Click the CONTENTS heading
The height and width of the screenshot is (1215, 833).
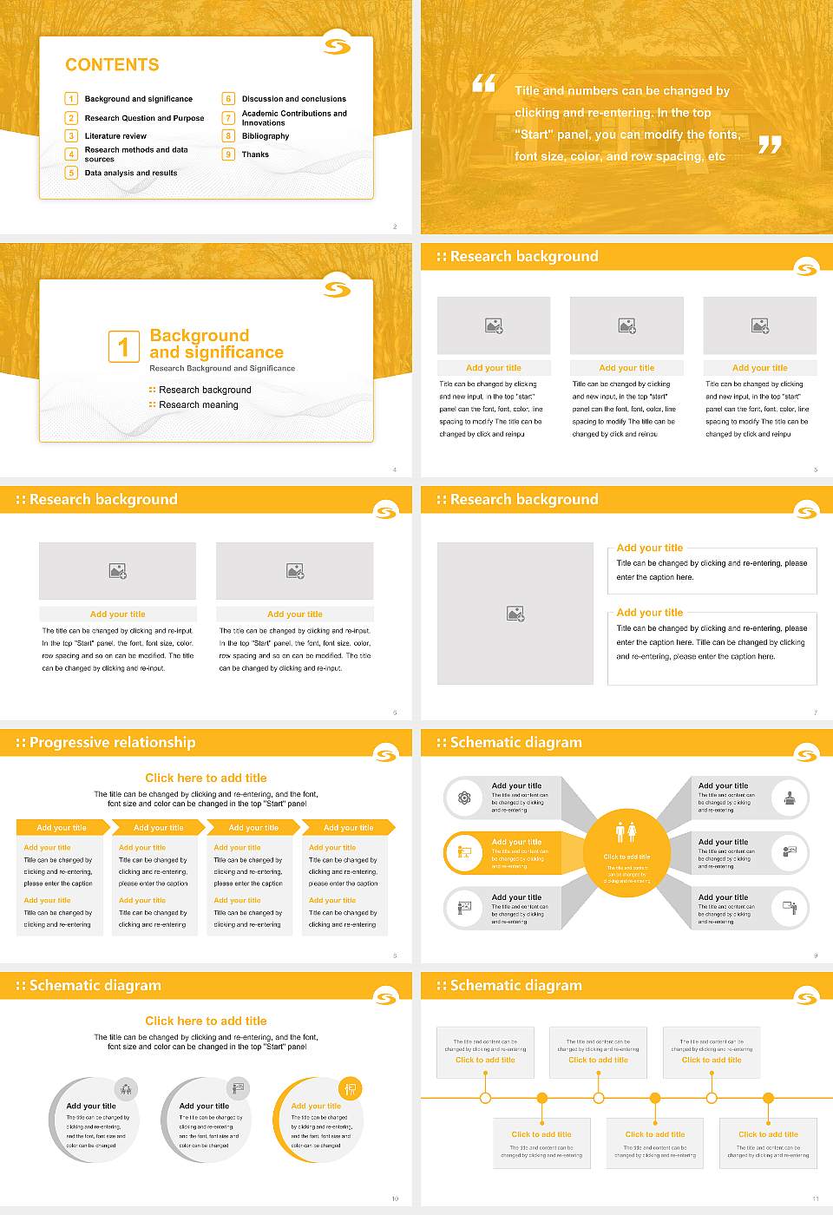[112, 65]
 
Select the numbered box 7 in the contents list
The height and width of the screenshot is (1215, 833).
[229, 118]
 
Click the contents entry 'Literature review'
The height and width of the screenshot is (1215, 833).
[115, 136]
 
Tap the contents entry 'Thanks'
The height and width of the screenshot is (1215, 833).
[255, 154]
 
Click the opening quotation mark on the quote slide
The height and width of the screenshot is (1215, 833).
[483, 83]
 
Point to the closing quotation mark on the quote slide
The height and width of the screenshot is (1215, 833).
[770, 145]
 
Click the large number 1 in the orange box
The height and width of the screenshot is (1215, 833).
[123, 346]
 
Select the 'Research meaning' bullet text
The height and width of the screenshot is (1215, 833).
[198, 405]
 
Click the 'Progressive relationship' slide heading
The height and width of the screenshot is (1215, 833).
[112, 742]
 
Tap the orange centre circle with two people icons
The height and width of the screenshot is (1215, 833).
[626, 852]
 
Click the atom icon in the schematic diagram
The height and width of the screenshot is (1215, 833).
[464, 798]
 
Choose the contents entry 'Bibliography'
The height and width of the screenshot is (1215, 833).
[266, 136]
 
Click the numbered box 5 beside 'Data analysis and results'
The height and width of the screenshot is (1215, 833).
[71, 173]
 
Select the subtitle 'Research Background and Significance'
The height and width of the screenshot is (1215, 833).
[222, 369]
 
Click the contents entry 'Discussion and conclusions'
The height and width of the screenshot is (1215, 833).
[293, 99]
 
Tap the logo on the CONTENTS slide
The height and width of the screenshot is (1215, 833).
[337, 46]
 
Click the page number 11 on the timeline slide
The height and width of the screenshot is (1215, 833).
[815, 1199]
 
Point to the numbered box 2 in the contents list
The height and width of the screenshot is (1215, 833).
[71, 118]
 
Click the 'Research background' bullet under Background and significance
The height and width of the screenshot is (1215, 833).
[205, 391]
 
